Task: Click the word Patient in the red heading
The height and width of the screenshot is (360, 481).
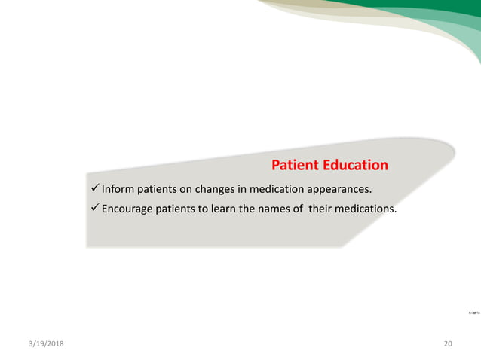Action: click(294, 165)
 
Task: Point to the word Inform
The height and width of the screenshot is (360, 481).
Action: click(118, 188)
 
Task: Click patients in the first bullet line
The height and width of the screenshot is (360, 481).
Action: click(159, 188)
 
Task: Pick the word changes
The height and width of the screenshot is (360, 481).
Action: click(219, 188)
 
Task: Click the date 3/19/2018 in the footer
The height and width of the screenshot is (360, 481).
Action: click(43, 343)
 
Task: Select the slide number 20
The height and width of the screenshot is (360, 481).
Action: click(449, 343)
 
